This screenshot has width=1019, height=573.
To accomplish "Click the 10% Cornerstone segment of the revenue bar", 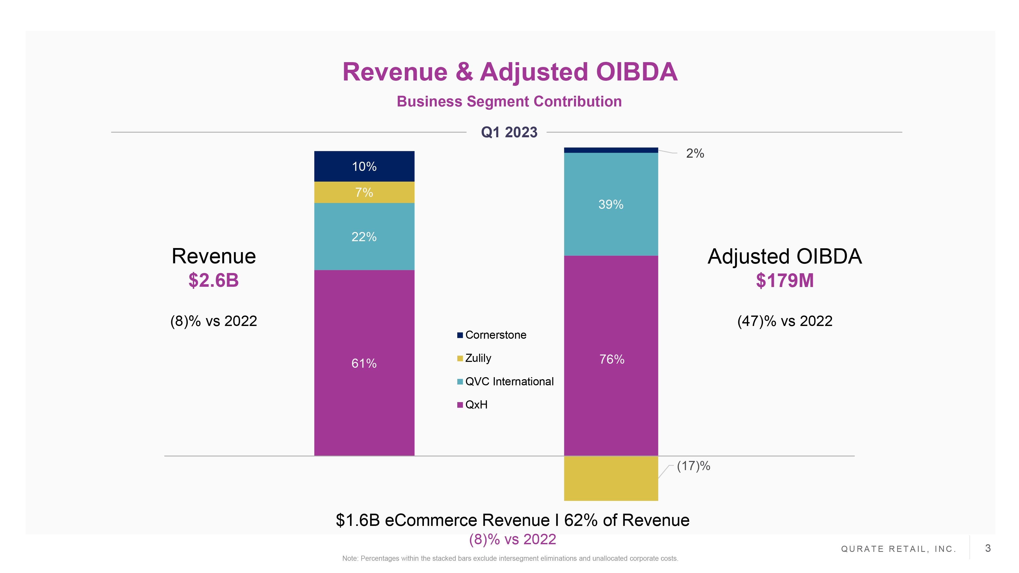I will pyautogui.click(x=364, y=166).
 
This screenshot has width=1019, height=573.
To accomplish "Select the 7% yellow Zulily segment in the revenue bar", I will pyautogui.click(x=364, y=192).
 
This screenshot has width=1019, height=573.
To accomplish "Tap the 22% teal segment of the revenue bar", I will pyautogui.click(x=364, y=237).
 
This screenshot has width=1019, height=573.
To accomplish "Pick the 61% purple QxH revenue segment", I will pyautogui.click(x=364, y=363).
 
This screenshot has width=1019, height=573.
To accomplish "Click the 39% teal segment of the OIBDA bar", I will pyautogui.click(x=611, y=204).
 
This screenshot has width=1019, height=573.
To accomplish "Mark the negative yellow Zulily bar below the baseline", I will pyautogui.click(x=611, y=479).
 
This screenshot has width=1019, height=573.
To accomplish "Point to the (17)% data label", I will pyautogui.click(x=693, y=466).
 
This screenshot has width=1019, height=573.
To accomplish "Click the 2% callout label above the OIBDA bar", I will pyautogui.click(x=695, y=153).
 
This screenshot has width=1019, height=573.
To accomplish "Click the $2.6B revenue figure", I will pyautogui.click(x=214, y=280).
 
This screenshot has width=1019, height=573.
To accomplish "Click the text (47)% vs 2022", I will pyautogui.click(x=784, y=321).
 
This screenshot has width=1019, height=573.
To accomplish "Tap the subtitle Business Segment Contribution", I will pyautogui.click(x=509, y=102).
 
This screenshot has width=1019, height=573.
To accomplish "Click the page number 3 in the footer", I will pyautogui.click(x=988, y=548).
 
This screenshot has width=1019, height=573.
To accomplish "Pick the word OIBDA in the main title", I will pyautogui.click(x=636, y=72).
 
